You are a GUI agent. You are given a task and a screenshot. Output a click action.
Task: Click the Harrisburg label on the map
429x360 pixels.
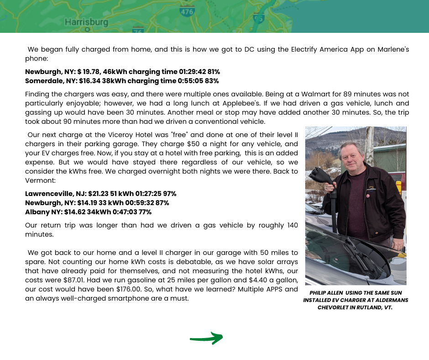(86, 22)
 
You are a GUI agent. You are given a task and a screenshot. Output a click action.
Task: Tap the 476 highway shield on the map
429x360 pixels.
(187, 12)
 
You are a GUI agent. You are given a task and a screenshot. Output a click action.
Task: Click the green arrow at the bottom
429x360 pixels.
(206, 338)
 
